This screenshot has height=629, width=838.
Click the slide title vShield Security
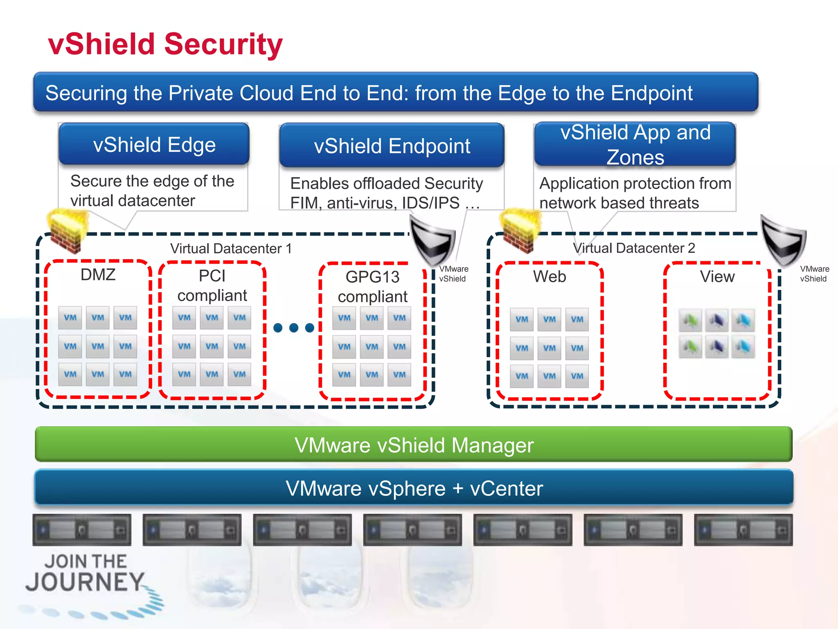[x=165, y=44]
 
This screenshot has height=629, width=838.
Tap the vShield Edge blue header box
[x=154, y=144]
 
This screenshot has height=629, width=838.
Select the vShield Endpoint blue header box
[x=392, y=146]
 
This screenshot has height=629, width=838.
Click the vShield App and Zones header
[x=635, y=144]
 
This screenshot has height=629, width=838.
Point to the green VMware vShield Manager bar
[x=413, y=445]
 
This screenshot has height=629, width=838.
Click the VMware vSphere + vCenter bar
[x=413, y=488]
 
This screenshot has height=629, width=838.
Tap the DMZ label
[x=98, y=274]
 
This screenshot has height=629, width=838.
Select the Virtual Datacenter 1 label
[x=231, y=248]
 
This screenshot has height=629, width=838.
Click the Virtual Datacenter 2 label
[x=633, y=248]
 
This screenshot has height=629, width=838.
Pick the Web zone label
[x=549, y=276]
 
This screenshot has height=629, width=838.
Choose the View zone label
[x=717, y=276]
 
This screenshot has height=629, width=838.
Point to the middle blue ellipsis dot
[x=293, y=328]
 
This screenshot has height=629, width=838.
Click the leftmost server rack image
[x=82, y=530]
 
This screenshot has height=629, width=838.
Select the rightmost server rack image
[x=743, y=530]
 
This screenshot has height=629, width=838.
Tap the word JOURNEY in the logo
[x=85, y=582]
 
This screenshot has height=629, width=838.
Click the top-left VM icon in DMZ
[x=70, y=318]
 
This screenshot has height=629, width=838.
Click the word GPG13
[x=372, y=277]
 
